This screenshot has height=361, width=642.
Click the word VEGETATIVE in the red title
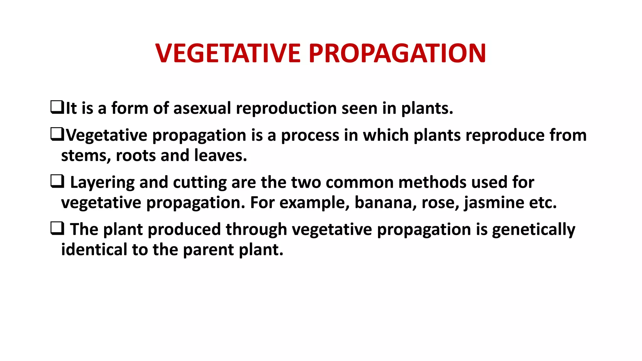[228, 53]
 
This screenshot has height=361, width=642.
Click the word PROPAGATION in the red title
[397, 53]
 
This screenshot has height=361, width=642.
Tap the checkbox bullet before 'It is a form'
[57, 107]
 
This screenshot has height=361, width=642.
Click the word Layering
[102, 183]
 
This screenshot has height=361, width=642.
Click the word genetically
[534, 230]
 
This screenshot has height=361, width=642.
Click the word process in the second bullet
[310, 136]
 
